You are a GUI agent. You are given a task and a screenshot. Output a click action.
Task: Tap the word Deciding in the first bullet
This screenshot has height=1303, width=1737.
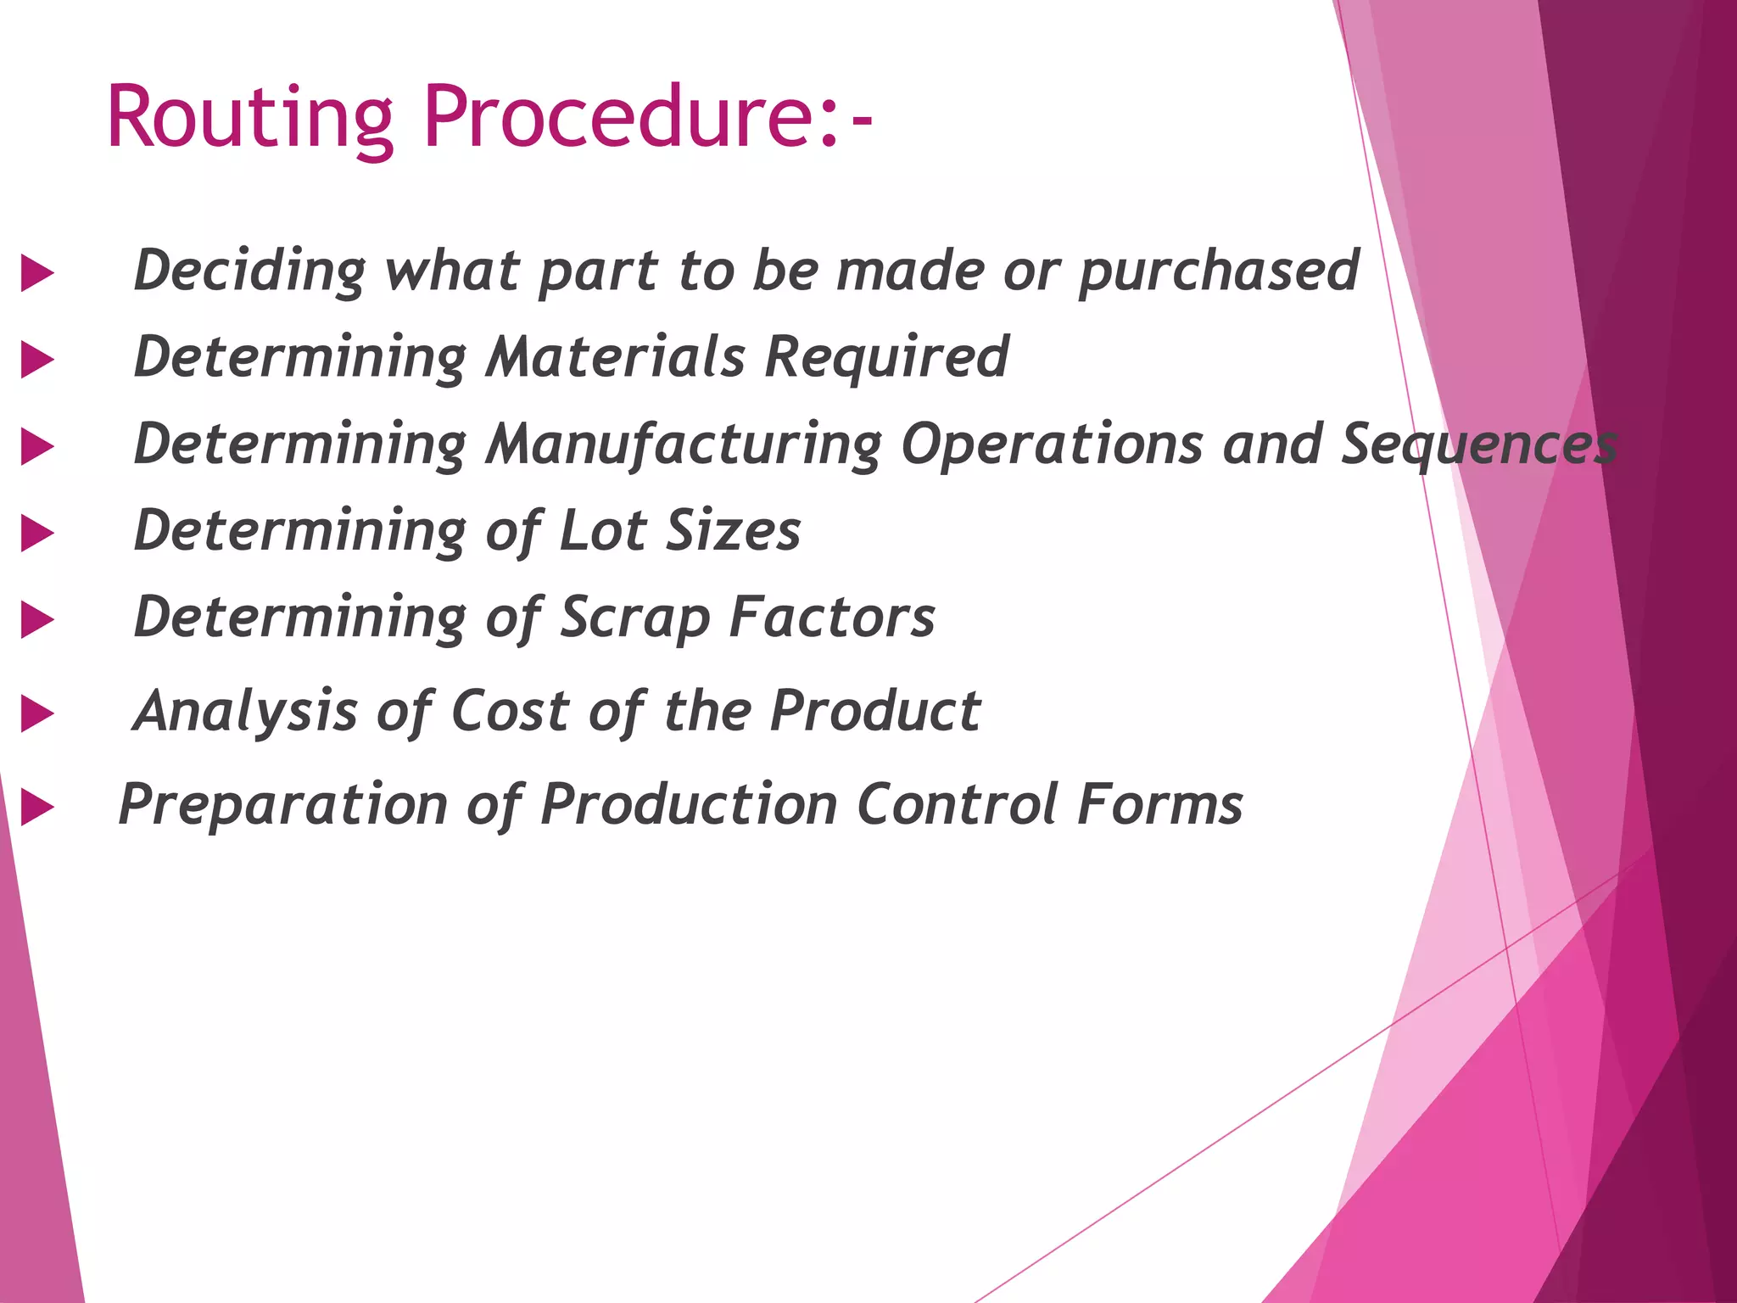coord(250,271)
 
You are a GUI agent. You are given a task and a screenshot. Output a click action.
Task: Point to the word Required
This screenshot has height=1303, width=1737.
coord(886,358)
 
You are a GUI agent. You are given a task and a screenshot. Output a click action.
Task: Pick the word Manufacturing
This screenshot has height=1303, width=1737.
coord(684,445)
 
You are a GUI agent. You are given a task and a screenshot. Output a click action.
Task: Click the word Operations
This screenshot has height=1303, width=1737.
coord(1052,445)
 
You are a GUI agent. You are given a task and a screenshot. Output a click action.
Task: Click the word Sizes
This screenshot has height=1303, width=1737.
coord(734,531)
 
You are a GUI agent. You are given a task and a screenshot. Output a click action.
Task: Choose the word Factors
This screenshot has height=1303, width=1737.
coord(832,618)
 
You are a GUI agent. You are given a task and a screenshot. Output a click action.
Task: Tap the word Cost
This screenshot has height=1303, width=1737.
coord(510,711)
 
